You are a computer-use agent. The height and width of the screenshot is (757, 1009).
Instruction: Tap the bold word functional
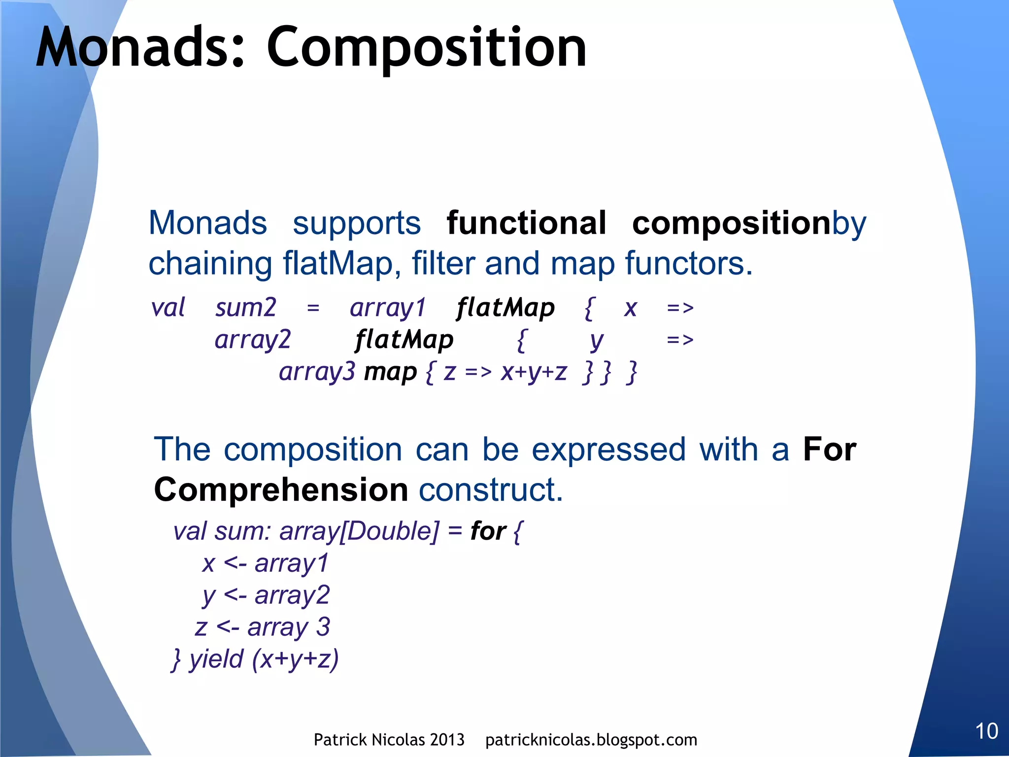pyautogui.click(x=526, y=223)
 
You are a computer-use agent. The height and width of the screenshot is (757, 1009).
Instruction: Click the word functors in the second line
pyautogui.click(x=688, y=264)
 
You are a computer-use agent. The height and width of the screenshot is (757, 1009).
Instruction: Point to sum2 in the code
pyautogui.click(x=245, y=308)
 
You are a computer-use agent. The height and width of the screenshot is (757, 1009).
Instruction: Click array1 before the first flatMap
pyautogui.click(x=388, y=309)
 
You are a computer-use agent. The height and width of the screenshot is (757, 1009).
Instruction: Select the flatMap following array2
pyautogui.click(x=404, y=340)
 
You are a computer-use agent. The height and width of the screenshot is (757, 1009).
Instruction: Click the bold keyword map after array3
pyautogui.click(x=390, y=373)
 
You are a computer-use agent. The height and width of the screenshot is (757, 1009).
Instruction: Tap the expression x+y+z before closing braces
pyautogui.click(x=534, y=373)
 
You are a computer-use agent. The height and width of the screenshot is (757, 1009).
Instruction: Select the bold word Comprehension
pyautogui.click(x=281, y=490)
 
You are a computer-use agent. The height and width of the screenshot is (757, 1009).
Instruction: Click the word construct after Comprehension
pyautogui.click(x=490, y=490)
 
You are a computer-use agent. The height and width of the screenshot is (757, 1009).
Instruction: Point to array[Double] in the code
pyautogui.click(x=359, y=531)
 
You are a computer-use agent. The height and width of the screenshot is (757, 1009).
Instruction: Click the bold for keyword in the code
pyautogui.click(x=488, y=531)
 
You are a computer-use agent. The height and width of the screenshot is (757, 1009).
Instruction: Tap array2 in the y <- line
pyautogui.click(x=292, y=595)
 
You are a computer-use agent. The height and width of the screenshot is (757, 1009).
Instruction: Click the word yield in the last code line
pyautogui.click(x=216, y=659)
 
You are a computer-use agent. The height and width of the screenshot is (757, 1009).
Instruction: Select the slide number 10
pyautogui.click(x=986, y=731)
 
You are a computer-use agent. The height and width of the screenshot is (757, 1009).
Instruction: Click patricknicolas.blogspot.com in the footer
pyautogui.click(x=591, y=740)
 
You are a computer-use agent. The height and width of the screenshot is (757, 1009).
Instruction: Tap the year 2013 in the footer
pyautogui.click(x=446, y=740)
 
